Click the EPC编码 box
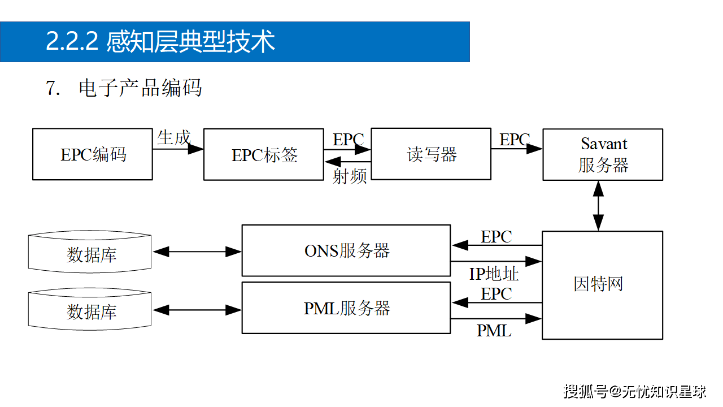pos(93,154)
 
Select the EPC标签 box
pos(263,155)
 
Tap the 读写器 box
pos(431,154)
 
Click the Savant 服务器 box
pos(603,154)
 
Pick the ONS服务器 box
pos(346,250)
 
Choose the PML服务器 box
pos(346,309)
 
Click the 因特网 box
pos(602,284)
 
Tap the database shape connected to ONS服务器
pos(90,253)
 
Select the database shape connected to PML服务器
pos(90,310)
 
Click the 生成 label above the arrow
pos(173,137)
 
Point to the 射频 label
pos(350,176)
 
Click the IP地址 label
pos(494,274)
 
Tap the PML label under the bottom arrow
pos(494,331)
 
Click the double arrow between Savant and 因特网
pos(598,206)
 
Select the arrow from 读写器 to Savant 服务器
pos(516,149)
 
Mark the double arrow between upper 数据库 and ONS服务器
pos(197,252)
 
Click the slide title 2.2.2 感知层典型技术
pos(160,42)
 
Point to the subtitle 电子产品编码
pos(140,88)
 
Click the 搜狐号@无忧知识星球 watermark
pos(635,391)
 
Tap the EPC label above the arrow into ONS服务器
pos(496,237)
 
